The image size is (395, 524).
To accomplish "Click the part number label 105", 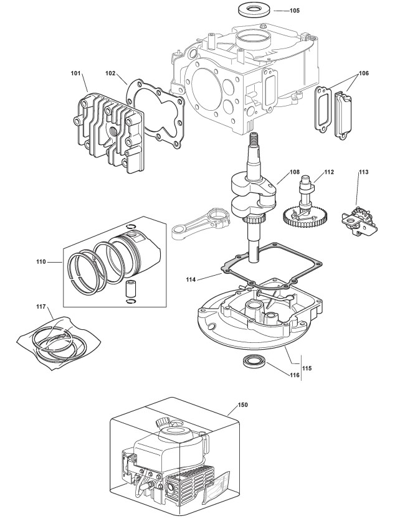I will click(295, 11).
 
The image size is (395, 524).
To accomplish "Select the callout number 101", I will click(75, 74).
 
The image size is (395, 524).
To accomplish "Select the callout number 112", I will click(328, 172).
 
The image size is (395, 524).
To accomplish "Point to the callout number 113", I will click(364, 172).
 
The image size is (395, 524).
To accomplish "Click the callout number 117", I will click(42, 306).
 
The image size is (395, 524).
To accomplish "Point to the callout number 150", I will click(242, 405).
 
